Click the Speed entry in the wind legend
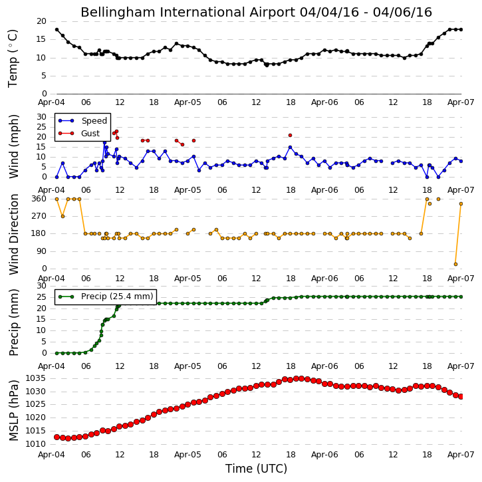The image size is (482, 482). pos(82,121)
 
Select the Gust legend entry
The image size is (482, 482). pos(79,134)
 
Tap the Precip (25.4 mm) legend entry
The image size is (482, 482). pos(106,297)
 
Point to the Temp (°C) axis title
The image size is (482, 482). pos(13,59)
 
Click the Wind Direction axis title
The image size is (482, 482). pos(14,234)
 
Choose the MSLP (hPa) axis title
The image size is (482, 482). pos(14,410)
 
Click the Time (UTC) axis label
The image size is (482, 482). pos(256,469)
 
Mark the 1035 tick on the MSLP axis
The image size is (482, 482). pos(36,378)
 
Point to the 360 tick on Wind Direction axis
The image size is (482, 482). pos(39,199)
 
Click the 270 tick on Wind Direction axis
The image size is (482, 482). pos(39,216)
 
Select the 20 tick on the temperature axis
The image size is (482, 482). pos(41,21)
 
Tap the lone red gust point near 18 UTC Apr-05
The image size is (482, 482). pos(290,135)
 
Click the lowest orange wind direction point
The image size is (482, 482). pos(455,265)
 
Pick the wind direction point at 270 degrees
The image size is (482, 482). pos(62,217)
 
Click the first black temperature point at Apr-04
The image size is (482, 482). pos(57,29)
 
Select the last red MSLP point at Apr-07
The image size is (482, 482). pos(461,397)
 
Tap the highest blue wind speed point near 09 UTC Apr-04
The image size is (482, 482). pos(104,142)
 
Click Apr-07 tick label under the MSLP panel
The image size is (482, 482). pos(461,455)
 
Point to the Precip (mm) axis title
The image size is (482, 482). pos(14,322)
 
